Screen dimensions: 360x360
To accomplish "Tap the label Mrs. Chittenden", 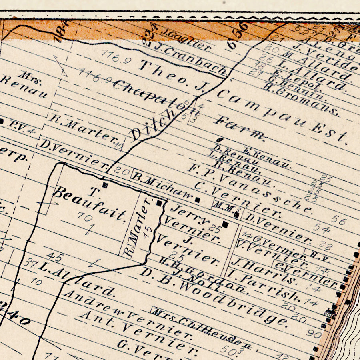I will pyautogui.click(x=202, y=328).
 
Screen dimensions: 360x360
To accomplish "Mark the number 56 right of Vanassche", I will pyautogui.click(x=338, y=220).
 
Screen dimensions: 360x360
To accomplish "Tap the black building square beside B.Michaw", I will pyautogui.click(x=197, y=199).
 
